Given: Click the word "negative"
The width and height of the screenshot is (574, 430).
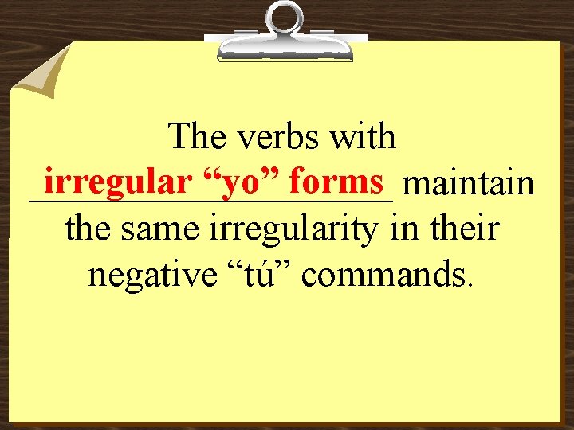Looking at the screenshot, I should [x=147, y=276].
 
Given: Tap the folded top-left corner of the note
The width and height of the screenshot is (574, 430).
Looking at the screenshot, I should [x=40, y=68].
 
